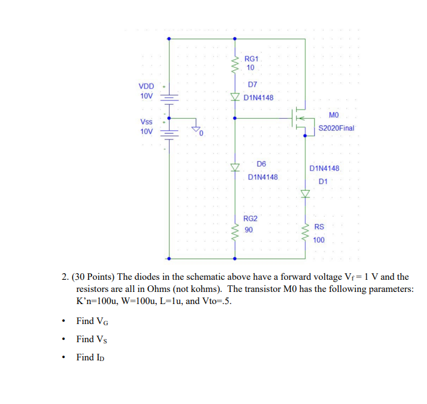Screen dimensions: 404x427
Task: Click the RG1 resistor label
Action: click(251, 59)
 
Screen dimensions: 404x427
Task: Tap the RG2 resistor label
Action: click(250, 219)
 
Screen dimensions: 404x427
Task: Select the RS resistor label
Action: click(319, 227)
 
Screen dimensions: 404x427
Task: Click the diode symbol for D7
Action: click(235, 97)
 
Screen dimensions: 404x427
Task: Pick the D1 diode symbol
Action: click(305, 194)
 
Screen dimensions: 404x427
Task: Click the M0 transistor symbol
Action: click(300, 118)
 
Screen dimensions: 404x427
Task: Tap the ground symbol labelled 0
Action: click(196, 127)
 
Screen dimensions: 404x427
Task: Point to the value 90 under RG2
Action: click(249, 230)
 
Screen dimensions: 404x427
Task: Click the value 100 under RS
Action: click(319, 240)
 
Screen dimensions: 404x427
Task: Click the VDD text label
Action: click(147, 85)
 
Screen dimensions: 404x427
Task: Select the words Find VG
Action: click(93, 321)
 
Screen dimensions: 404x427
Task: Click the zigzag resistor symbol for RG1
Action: click(235, 63)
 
